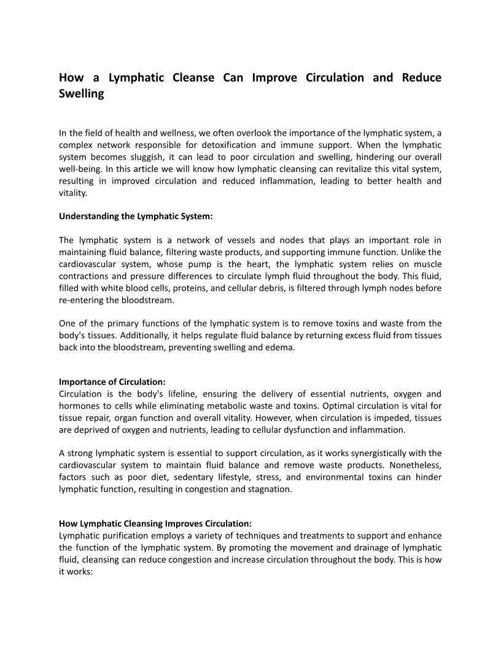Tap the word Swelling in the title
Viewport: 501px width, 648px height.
click(x=82, y=95)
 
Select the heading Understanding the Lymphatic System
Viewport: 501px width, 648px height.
click(x=136, y=216)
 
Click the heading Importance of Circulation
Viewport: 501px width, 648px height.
click(x=112, y=382)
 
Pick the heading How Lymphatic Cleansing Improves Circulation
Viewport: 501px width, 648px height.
click(x=155, y=523)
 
